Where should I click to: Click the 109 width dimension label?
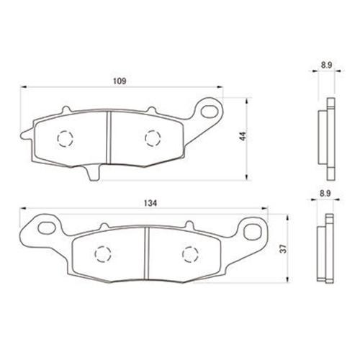(x=120, y=81)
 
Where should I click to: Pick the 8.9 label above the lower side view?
(x=325, y=194)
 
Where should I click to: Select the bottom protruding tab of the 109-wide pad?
(x=94, y=173)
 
